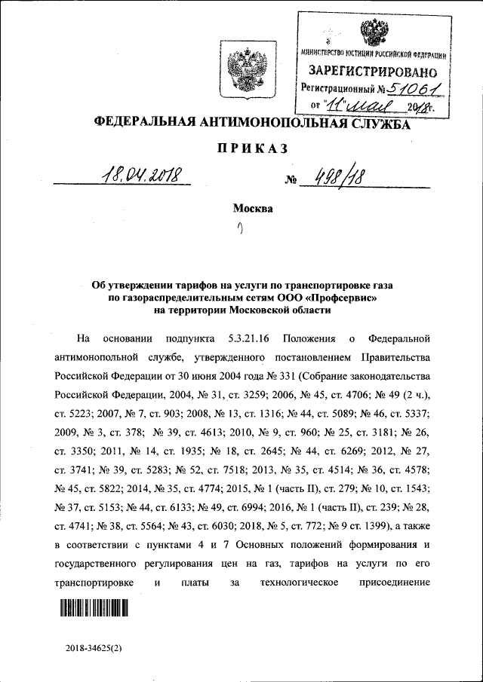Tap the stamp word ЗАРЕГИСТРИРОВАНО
click(372, 73)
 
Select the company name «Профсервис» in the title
click(340, 298)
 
